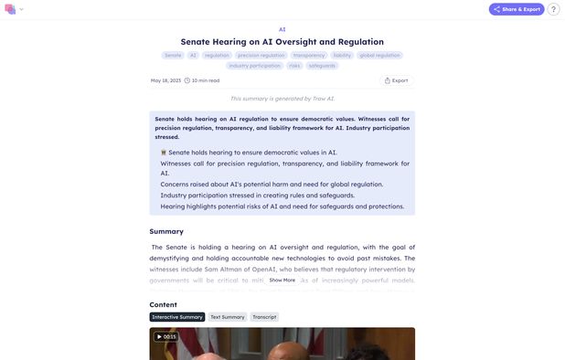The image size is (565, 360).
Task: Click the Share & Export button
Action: pyautogui.click(x=517, y=9)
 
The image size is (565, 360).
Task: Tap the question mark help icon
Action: pyautogui.click(x=553, y=9)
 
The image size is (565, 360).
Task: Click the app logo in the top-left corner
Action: pyautogui.click(x=10, y=9)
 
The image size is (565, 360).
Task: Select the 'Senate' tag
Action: pyautogui.click(x=173, y=55)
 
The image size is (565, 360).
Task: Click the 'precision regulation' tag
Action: pyautogui.click(x=261, y=55)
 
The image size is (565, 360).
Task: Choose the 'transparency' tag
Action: pyautogui.click(x=309, y=55)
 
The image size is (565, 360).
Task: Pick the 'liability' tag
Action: pyautogui.click(x=342, y=55)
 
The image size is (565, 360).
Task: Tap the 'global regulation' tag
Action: pyautogui.click(x=379, y=55)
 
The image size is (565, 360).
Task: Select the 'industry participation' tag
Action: pyautogui.click(x=255, y=66)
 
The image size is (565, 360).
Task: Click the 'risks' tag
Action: pyautogui.click(x=294, y=66)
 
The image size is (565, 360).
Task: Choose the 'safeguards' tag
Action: pyautogui.click(x=322, y=66)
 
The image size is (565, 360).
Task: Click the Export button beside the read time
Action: pyautogui.click(x=396, y=80)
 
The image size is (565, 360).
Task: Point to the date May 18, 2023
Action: pyautogui.click(x=165, y=80)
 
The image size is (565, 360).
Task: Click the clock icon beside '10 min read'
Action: pyautogui.click(x=187, y=80)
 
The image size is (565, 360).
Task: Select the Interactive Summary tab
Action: pyautogui.click(x=177, y=317)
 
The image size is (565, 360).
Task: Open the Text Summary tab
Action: pyautogui.click(x=228, y=317)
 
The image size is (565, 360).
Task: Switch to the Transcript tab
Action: pyautogui.click(x=264, y=317)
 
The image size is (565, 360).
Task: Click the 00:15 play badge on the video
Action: pyautogui.click(x=165, y=336)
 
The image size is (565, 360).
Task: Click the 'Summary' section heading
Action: pyautogui.click(x=166, y=231)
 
